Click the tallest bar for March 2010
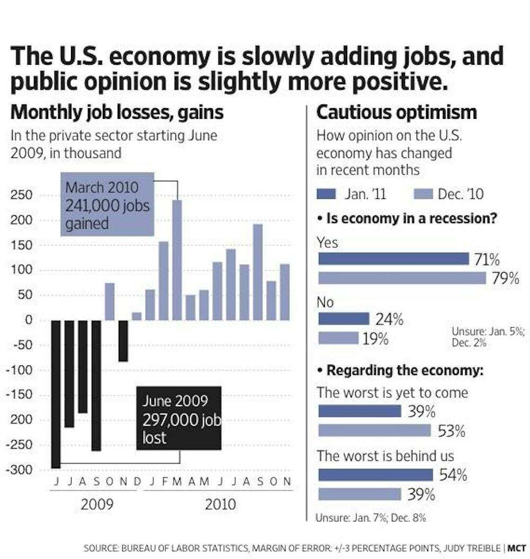177,260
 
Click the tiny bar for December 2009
137,316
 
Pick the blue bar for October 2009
110,302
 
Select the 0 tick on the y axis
29,320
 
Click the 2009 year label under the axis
97,504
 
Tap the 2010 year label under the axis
220,504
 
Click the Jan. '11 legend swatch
326,194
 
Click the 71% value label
487,259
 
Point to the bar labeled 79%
402,278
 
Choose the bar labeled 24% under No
343,319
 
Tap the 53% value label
451,431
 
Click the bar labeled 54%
375,475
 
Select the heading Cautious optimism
396,112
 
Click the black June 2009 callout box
179,418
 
